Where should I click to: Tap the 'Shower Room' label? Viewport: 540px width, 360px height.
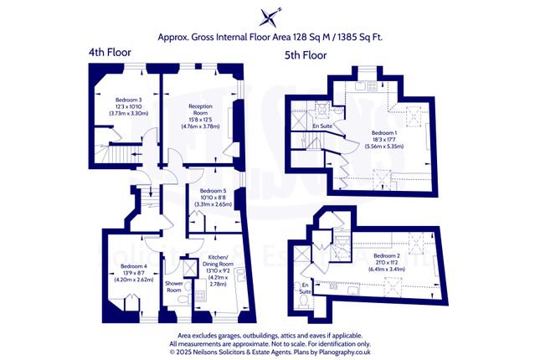(x=174, y=289)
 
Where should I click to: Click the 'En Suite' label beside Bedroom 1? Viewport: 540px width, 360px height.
(x=321, y=126)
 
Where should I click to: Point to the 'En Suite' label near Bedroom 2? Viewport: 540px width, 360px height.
(x=306, y=289)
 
